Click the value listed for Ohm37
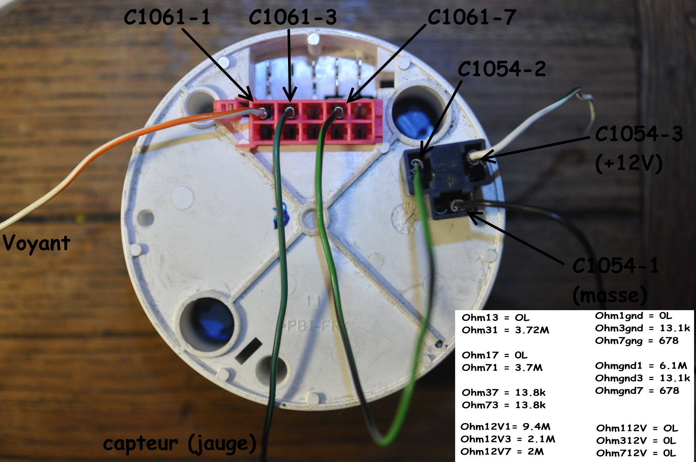click(x=530, y=393)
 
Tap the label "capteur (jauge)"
click(x=180, y=444)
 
